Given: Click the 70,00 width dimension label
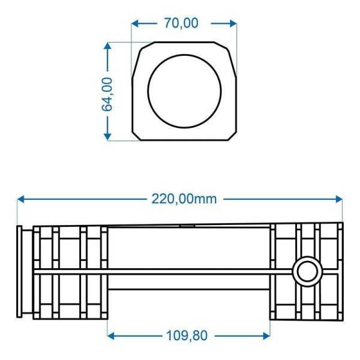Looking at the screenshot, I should (181, 23).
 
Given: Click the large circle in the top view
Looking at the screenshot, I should (184, 91).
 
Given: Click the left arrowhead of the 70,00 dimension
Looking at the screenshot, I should (135, 23).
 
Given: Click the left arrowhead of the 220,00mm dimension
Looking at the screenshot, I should (21, 199).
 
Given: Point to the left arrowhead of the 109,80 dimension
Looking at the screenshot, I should (111, 335).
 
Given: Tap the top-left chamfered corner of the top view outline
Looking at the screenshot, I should (137, 47).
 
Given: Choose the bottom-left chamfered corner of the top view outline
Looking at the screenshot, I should (137, 135).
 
